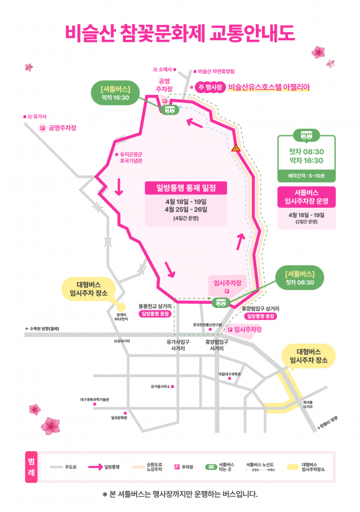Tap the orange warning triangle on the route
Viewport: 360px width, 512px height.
click(x=235, y=148)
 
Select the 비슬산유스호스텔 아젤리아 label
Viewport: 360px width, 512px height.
click(x=269, y=88)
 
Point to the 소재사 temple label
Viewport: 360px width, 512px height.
click(x=164, y=70)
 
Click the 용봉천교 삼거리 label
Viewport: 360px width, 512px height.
click(x=155, y=307)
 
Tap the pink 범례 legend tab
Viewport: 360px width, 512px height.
click(x=32, y=467)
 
